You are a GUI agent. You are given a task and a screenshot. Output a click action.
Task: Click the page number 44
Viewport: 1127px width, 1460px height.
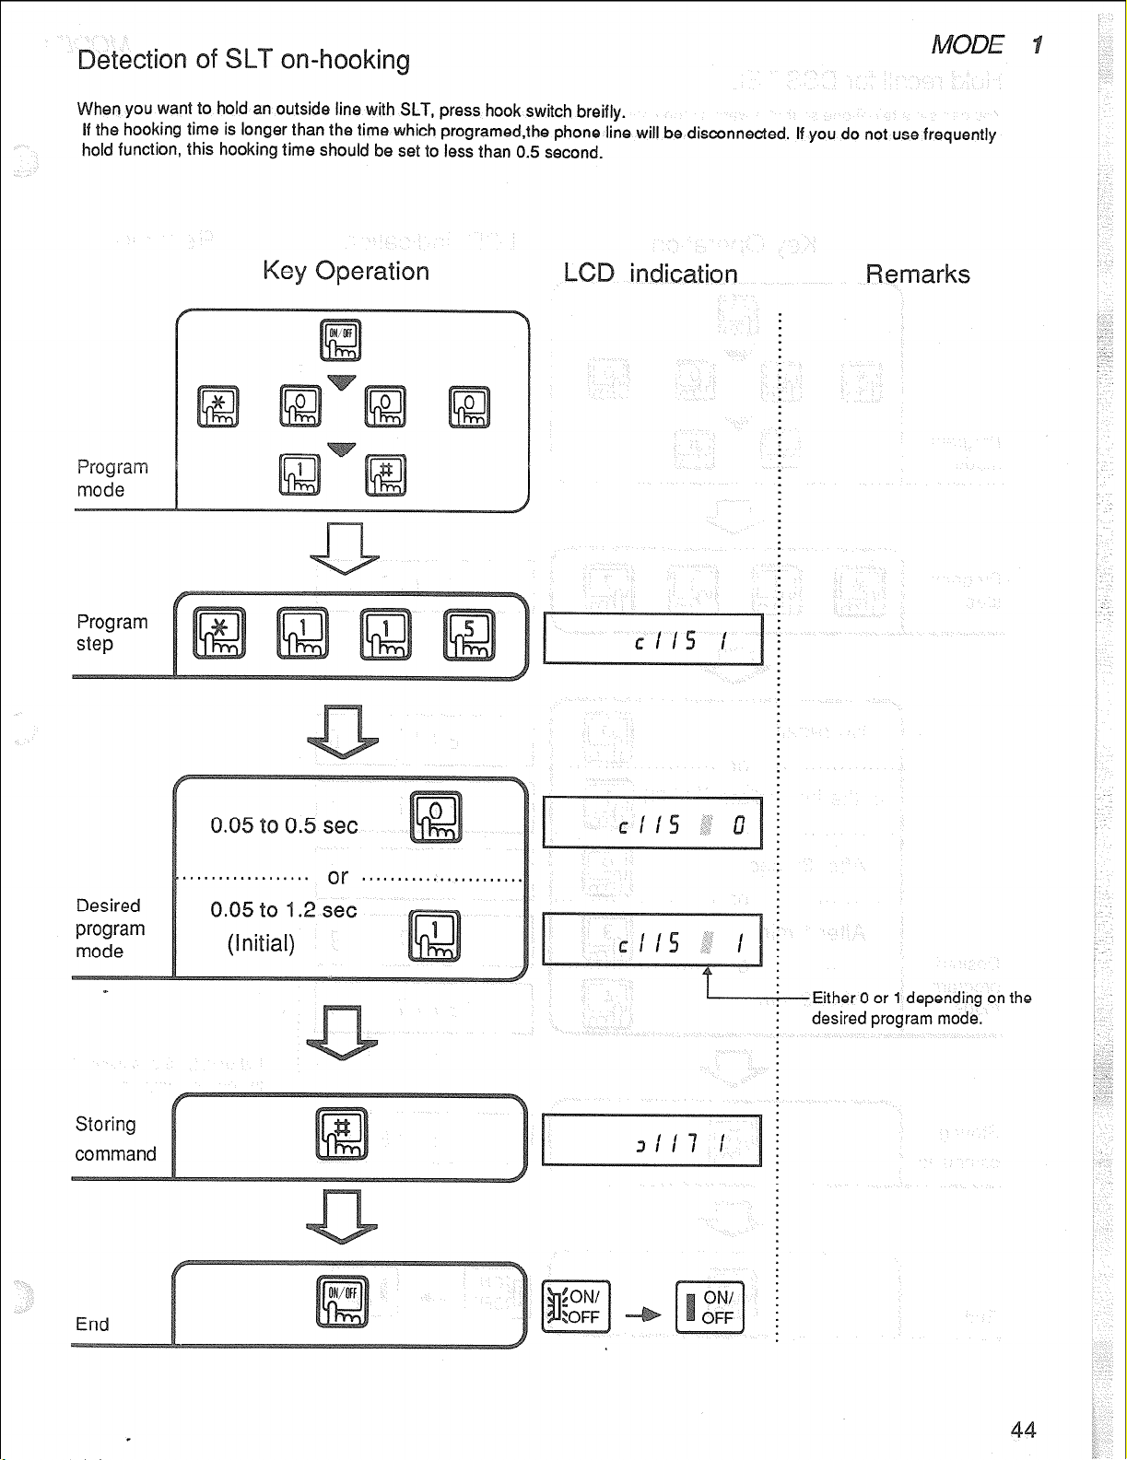[1023, 1430]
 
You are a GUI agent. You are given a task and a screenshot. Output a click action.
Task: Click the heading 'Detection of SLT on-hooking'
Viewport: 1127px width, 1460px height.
[243, 60]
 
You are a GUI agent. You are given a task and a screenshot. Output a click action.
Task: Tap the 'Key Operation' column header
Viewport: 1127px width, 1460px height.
[346, 271]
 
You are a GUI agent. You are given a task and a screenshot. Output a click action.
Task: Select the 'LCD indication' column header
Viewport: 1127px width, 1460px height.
[651, 274]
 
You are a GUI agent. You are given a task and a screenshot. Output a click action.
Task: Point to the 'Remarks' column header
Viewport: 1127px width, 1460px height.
[917, 274]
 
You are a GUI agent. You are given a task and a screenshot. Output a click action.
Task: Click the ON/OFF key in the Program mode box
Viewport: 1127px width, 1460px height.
[340, 341]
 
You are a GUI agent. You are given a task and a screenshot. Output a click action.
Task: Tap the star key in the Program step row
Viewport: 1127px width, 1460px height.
[219, 635]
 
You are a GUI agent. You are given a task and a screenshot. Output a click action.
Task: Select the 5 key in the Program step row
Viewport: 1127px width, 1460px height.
[469, 635]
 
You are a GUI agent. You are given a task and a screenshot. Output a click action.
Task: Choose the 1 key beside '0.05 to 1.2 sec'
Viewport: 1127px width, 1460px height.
[434, 936]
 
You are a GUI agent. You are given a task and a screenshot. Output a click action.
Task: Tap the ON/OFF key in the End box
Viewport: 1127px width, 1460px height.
[342, 1302]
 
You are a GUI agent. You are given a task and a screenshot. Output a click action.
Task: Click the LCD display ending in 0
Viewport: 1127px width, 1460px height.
[652, 823]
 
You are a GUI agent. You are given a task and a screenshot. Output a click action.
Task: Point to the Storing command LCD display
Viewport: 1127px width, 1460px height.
[652, 1140]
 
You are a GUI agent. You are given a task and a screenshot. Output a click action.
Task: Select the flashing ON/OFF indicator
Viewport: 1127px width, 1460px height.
[576, 1307]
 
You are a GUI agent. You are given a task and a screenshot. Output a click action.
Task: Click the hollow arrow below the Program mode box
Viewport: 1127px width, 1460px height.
[344, 548]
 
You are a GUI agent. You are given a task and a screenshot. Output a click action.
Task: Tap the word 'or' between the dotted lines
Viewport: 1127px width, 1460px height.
[338, 877]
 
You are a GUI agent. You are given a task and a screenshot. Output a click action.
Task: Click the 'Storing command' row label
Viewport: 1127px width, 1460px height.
[115, 1139]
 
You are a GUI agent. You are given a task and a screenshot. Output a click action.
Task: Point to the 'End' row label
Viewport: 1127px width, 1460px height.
[92, 1325]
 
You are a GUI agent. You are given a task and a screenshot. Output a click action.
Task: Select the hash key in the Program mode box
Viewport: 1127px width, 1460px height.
[385, 475]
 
